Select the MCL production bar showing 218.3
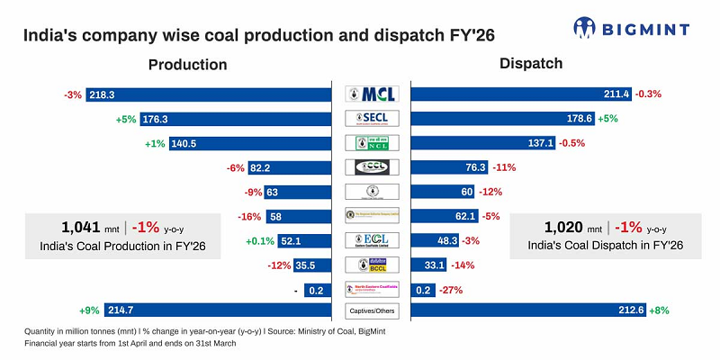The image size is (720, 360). pyautogui.click(x=215, y=94)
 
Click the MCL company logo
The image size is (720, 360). pyautogui.click(x=372, y=94)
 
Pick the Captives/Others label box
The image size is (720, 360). pyautogui.click(x=372, y=311)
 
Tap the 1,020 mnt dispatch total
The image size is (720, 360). pyautogui.click(x=577, y=227)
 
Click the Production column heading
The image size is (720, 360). pyautogui.click(x=187, y=65)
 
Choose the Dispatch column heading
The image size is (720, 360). pyautogui.click(x=531, y=64)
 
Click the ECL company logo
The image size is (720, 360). pyautogui.click(x=372, y=239)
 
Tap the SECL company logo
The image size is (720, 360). pyautogui.click(x=372, y=118)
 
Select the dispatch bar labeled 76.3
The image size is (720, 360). pyautogui.click(x=449, y=166)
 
